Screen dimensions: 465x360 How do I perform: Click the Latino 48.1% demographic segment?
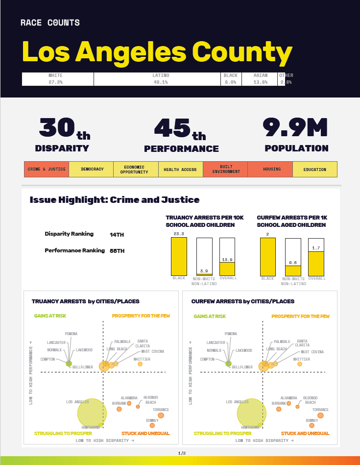pos(161,79)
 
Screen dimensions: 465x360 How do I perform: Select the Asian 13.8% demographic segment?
pos(261,79)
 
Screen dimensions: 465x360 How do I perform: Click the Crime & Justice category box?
pos(47,169)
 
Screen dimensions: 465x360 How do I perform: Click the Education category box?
pos(314,169)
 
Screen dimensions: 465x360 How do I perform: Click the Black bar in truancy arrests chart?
pos(179,257)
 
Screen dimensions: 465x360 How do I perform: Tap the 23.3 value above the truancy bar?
pos(179,234)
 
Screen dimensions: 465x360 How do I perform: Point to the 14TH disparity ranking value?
pos(117,235)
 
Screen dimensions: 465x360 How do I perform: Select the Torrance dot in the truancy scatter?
pos(161,416)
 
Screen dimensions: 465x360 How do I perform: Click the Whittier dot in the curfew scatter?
pos(300,364)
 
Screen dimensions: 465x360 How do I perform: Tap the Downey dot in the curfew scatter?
pos(312,425)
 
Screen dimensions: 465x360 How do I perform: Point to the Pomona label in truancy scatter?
pos(71,334)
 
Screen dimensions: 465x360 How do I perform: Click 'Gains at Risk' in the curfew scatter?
pos(210,317)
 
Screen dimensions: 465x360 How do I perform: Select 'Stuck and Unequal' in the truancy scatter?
pos(145,433)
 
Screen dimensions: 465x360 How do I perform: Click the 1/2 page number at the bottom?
pos(182,453)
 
